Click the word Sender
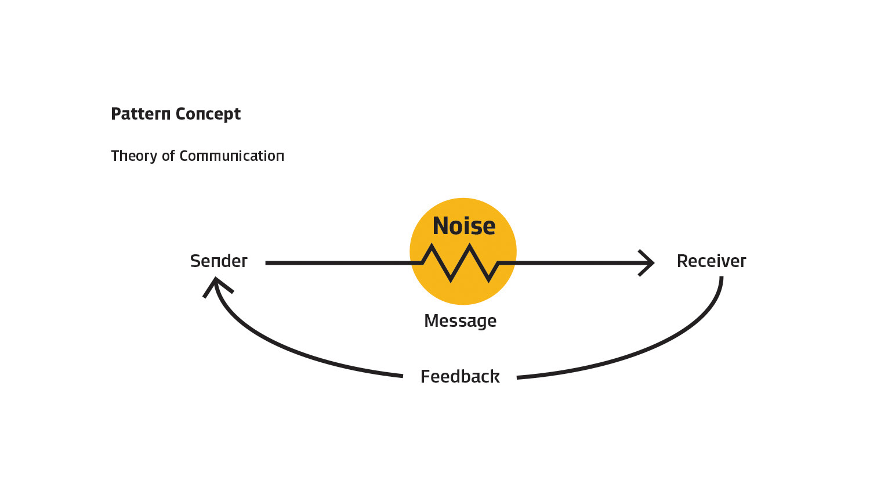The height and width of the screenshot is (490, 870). pyautogui.click(x=219, y=261)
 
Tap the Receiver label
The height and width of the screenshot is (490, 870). pyautogui.click(x=711, y=261)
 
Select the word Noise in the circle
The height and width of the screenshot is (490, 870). pyautogui.click(x=464, y=226)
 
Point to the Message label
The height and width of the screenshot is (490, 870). pyautogui.click(x=460, y=321)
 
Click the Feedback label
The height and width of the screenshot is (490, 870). pyautogui.click(x=460, y=377)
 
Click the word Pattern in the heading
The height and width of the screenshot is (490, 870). pyautogui.click(x=140, y=114)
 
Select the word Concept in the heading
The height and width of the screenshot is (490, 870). pyautogui.click(x=208, y=114)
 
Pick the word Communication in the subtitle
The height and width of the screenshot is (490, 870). pyautogui.click(x=232, y=156)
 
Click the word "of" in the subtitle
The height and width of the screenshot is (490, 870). pyautogui.click(x=168, y=156)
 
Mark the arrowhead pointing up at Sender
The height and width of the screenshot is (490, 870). pyautogui.click(x=216, y=284)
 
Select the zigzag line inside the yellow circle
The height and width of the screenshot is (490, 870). pyautogui.click(x=461, y=263)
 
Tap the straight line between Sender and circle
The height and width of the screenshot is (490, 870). pyautogui.click(x=342, y=263)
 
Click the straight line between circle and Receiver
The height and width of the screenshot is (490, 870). pyautogui.click(x=574, y=263)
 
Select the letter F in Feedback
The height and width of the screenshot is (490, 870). pyautogui.click(x=425, y=377)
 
